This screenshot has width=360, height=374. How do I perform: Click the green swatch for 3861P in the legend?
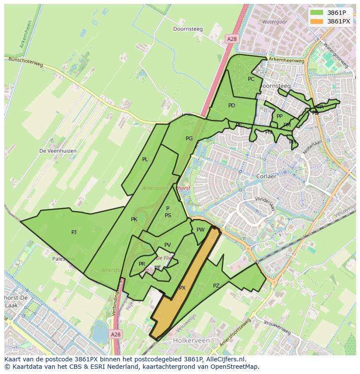pos(317,13)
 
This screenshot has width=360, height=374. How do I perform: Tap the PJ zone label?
pos(74,232)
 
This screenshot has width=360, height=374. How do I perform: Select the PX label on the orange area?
pos(182,288)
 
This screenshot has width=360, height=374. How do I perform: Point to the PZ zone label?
pos(216,285)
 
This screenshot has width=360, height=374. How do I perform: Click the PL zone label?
pos(145,159)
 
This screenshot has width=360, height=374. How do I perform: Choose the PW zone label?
pos(200,230)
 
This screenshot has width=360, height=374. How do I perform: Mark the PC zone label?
pos(251,79)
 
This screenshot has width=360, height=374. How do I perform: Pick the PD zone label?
pos(232,106)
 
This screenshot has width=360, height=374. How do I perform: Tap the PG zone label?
pos(189,139)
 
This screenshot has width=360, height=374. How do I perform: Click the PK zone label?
pos(134,219)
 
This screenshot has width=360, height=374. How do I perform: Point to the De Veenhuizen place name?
pos(58,151)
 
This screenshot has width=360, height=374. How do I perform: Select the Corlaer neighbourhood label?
pos(267,177)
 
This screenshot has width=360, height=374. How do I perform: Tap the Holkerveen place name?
pos(191,341)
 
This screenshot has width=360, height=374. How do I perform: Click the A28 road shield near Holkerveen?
pos(115,334)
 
